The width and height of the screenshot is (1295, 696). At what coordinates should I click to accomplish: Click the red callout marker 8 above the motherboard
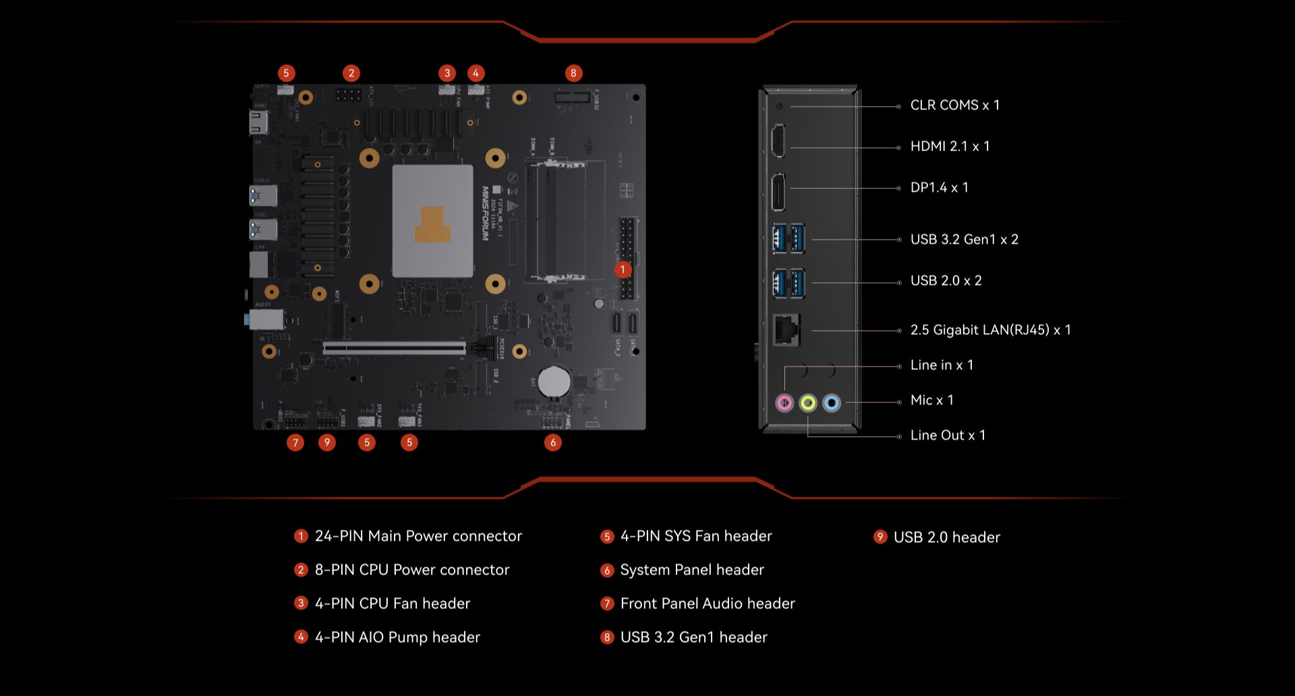pos(573,73)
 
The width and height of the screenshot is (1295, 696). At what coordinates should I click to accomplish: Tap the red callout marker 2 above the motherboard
pos(351,73)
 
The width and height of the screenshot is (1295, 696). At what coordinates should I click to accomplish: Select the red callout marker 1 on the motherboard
pos(623,270)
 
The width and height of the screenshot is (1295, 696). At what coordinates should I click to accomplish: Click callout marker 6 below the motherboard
pos(553,442)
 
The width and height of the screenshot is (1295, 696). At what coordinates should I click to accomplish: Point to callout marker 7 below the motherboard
pos(295,442)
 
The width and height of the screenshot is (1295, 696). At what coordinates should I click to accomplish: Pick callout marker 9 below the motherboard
pos(327,442)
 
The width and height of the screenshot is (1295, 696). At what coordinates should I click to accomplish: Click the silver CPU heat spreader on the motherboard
pos(432,221)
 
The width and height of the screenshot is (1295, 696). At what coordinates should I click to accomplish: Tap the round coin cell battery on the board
pos(554,381)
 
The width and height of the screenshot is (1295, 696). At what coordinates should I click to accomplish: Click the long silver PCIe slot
pos(395,348)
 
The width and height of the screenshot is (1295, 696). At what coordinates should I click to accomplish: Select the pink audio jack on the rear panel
pos(784,403)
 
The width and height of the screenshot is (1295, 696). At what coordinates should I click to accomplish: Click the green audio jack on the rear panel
pos(808,403)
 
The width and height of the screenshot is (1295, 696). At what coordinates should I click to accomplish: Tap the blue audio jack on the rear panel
pos(832,403)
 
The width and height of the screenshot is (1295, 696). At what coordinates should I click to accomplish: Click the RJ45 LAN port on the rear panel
pos(786,329)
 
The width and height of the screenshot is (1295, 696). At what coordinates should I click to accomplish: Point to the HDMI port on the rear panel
pos(778,141)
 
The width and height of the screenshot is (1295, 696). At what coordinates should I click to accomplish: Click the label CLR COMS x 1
pos(954,105)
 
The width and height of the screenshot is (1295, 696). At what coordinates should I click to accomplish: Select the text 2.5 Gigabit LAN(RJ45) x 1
pos(990,330)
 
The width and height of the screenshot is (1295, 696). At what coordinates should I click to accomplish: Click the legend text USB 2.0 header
pos(946,537)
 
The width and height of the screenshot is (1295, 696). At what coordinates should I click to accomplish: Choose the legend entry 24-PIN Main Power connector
pos(418,536)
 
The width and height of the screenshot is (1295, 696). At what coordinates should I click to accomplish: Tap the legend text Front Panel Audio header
pos(708,604)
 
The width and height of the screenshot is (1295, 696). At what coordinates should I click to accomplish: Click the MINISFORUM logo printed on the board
pos(485,213)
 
